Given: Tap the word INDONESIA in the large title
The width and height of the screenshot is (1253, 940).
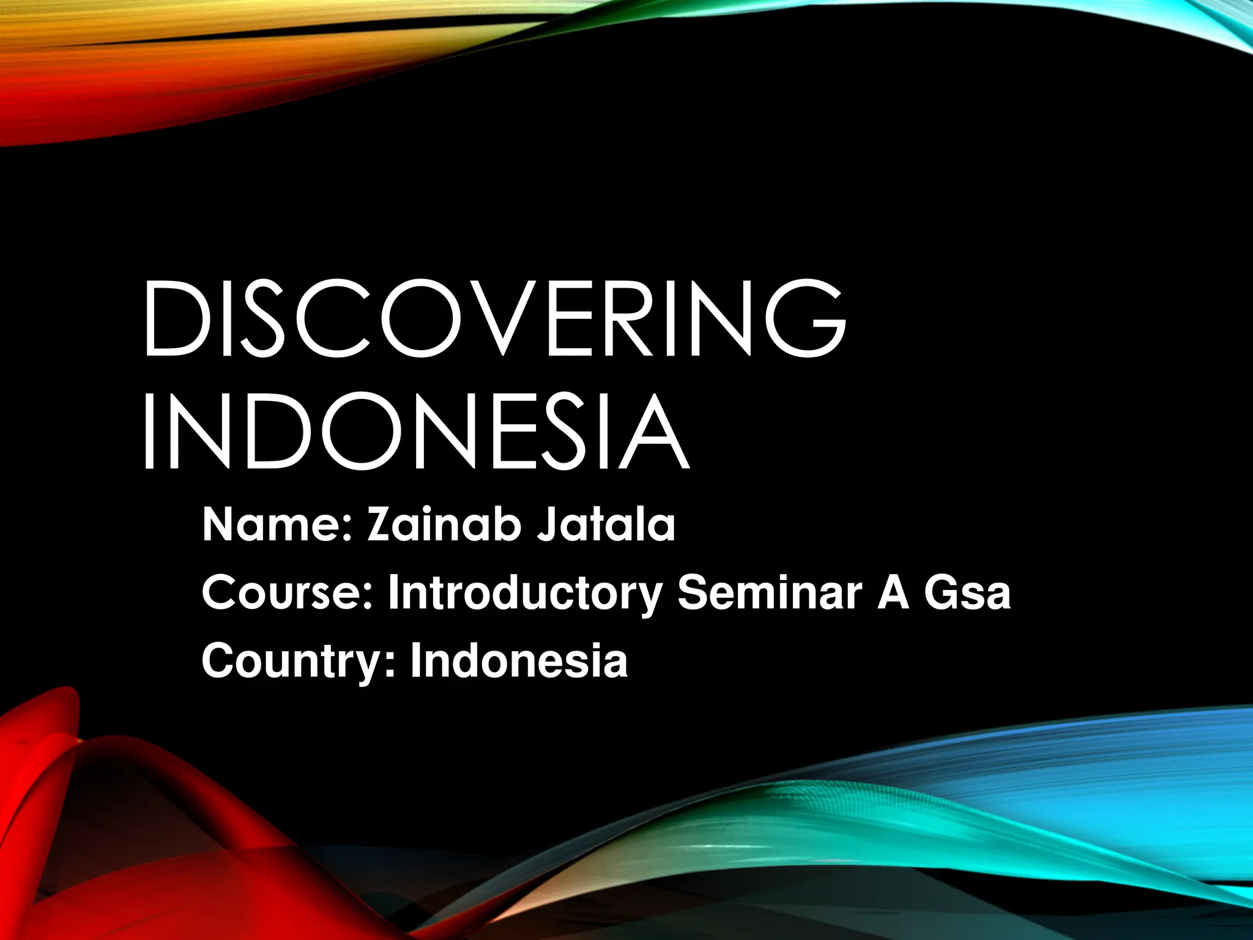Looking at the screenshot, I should pos(416,431).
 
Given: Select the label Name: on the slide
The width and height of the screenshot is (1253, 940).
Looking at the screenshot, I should pos(278,525).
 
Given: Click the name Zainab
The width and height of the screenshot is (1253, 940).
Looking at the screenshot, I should pos(444,525).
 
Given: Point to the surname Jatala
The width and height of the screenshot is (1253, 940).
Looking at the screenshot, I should pos(606,525).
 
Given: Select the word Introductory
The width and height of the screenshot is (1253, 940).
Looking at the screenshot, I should pos(525,594).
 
